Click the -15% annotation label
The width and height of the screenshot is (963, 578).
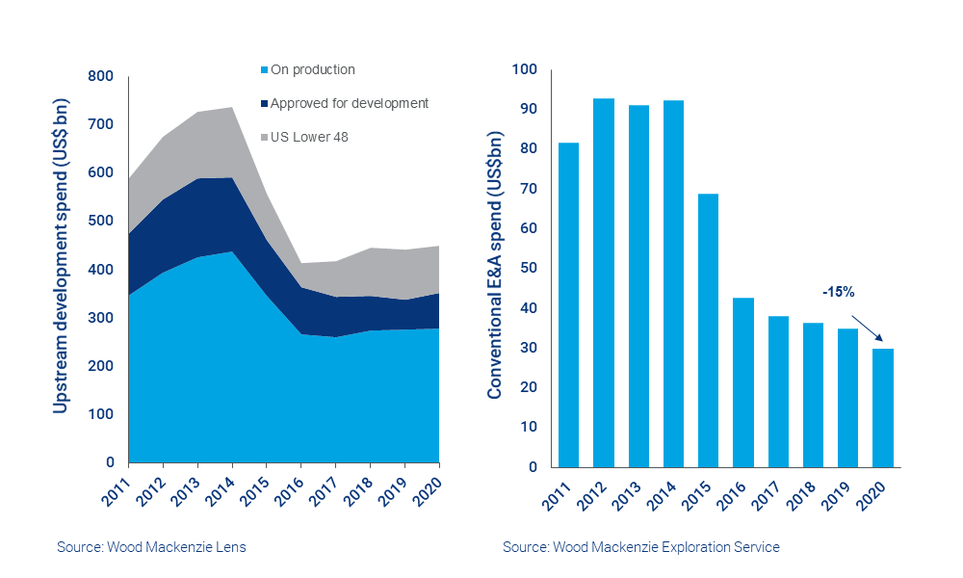click(838, 291)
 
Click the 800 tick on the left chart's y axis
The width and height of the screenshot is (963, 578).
click(101, 77)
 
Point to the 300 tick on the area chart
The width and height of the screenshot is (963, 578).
click(101, 318)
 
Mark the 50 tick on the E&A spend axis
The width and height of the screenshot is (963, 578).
click(527, 269)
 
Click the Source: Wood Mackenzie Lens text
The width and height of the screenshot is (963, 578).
click(151, 547)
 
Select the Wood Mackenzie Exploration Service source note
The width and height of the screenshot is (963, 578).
click(640, 547)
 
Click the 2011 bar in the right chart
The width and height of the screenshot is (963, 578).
click(568, 304)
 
